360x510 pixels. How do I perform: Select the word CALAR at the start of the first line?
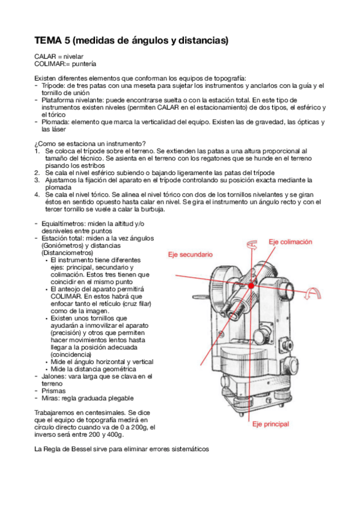(x=45, y=57)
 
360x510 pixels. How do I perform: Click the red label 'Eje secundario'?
(x=190, y=254)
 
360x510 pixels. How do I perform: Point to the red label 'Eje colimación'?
(x=290, y=242)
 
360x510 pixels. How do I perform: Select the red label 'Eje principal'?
(x=270, y=424)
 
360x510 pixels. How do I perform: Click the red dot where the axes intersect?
(x=251, y=286)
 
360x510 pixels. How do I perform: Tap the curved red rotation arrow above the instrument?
(x=252, y=245)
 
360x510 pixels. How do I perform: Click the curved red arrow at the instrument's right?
(x=313, y=293)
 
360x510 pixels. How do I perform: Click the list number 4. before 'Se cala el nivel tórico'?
(x=37, y=195)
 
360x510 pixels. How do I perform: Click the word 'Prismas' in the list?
(x=53, y=391)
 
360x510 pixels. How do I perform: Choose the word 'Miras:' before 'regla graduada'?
(x=50, y=398)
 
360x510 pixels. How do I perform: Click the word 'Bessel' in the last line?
(x=82, y=449)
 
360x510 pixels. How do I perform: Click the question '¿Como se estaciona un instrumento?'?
(x=90, y=144)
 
